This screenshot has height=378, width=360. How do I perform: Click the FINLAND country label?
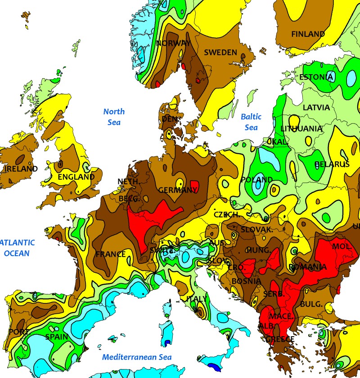(308, 34)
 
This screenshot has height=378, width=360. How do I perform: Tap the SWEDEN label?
(220, 53)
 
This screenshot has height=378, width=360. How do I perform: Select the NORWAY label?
(173, 43)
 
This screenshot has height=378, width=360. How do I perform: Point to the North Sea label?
(114, 116)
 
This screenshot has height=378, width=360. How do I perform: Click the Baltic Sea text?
(251, 122)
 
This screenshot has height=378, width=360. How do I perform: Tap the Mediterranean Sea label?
(137, 357)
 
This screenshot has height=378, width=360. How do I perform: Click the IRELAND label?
(21, 169)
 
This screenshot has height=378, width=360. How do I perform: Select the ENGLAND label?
(76, 177)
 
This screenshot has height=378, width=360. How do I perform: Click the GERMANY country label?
(178, 190)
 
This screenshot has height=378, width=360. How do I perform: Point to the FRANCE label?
(111, 254)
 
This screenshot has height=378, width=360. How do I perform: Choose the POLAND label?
(257, 180)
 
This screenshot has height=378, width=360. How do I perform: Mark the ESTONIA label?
(316, 77)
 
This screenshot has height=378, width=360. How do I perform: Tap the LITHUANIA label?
(301, 129)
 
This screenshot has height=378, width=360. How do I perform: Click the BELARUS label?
(332, 165)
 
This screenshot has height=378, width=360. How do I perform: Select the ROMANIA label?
(308, 267)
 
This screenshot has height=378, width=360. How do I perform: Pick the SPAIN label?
(57, 337)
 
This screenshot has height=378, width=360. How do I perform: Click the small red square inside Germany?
(195, 185)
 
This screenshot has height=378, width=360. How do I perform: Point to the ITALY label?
(197, 299)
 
